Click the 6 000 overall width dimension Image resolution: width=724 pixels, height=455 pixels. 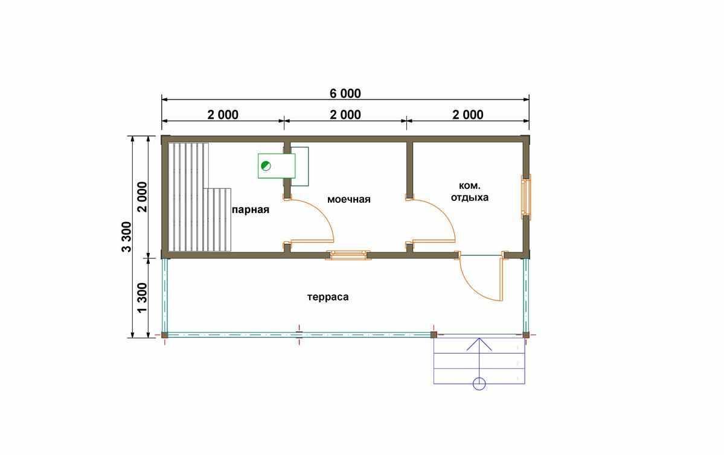click(x=345, y=93)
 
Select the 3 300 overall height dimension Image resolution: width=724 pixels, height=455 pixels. click(x=126, y=237)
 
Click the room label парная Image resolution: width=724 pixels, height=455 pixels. click(x=250, y=210)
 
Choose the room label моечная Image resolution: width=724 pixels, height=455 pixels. click(x=348, y=199)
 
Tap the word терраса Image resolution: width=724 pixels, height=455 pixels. click(x=328, y=297)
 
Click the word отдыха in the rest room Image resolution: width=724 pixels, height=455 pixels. click(x=470, y=197)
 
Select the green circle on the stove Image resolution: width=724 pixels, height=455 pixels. click(x=266, y=166)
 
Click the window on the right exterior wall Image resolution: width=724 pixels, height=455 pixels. click(x=526, y=197)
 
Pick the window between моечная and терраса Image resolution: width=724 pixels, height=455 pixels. click(x=348, y=255)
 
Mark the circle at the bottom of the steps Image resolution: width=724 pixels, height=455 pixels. click(x=479, y=383)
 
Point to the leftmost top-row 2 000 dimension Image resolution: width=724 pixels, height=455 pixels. click(x=223, y=115)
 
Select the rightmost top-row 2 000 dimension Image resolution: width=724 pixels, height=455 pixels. click(x=468, y=115)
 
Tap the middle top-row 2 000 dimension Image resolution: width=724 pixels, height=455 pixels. click(x=345, y=115)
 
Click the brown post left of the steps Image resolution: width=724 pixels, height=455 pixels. click(x=434, y=334)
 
